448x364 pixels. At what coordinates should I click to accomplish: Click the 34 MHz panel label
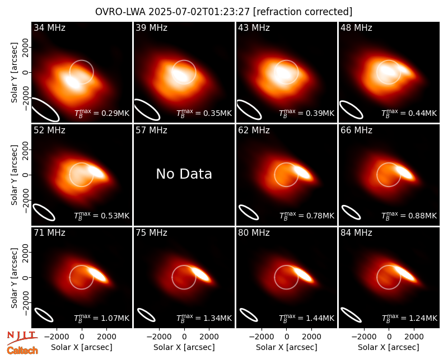[49, 27]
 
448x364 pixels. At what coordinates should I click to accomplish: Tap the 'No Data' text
[184, 174]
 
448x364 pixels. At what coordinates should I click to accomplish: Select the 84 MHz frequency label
[356, 233]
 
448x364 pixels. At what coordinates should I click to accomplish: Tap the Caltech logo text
[22, 351]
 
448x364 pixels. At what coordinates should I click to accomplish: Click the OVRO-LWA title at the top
[223, 12]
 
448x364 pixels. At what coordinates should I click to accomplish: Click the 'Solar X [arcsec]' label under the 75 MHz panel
[184, 347]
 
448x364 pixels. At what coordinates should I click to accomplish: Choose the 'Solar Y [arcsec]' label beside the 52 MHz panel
[14, 175]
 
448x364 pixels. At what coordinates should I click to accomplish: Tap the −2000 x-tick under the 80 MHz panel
[262, 337]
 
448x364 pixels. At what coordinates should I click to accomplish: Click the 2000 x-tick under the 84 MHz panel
[414, 337]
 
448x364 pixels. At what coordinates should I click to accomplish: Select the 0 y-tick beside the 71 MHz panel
[26, 277]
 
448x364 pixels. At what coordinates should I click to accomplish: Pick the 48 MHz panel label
[356, 27]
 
